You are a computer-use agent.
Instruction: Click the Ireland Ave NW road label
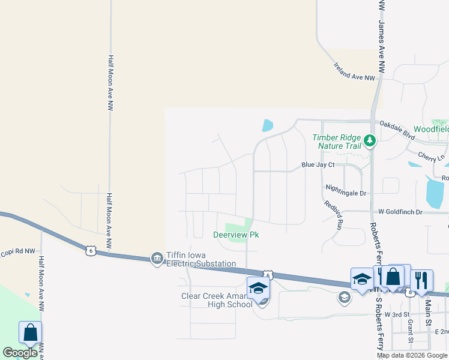(354, 71)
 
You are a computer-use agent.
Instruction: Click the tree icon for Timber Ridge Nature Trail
(371, 141)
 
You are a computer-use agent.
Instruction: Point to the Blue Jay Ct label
(318, 164)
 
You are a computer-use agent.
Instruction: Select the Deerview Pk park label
(231, 234)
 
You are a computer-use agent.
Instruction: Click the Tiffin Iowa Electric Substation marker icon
(157, 258)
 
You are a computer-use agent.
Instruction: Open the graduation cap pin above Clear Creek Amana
(258, 287)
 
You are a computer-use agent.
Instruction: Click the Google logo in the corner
(20, 352)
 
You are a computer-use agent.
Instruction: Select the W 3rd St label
(397, 314)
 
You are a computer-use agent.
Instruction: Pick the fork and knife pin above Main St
(421, 280)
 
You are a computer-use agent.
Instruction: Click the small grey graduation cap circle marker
(344, 297)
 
